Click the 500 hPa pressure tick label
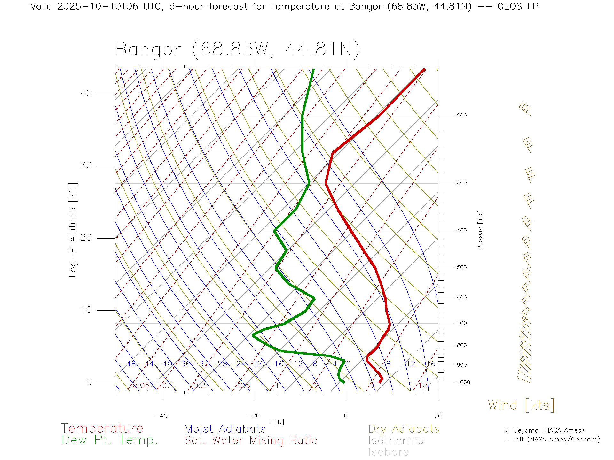461,267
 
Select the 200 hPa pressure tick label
461,115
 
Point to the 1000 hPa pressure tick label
463,382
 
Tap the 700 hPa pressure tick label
461,323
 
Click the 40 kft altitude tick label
86,93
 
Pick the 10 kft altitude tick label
86,310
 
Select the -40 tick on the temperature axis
161,416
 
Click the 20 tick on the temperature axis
438,416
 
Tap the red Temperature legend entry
102,428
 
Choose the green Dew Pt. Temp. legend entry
110,440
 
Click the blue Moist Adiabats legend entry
225,429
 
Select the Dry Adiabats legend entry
404,429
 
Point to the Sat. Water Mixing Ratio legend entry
251,441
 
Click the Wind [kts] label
521,405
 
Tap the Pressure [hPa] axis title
480,229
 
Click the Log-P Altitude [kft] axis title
73,230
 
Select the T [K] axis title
276,422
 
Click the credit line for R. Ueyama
543,430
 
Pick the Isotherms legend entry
396,441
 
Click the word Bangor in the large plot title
148,50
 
